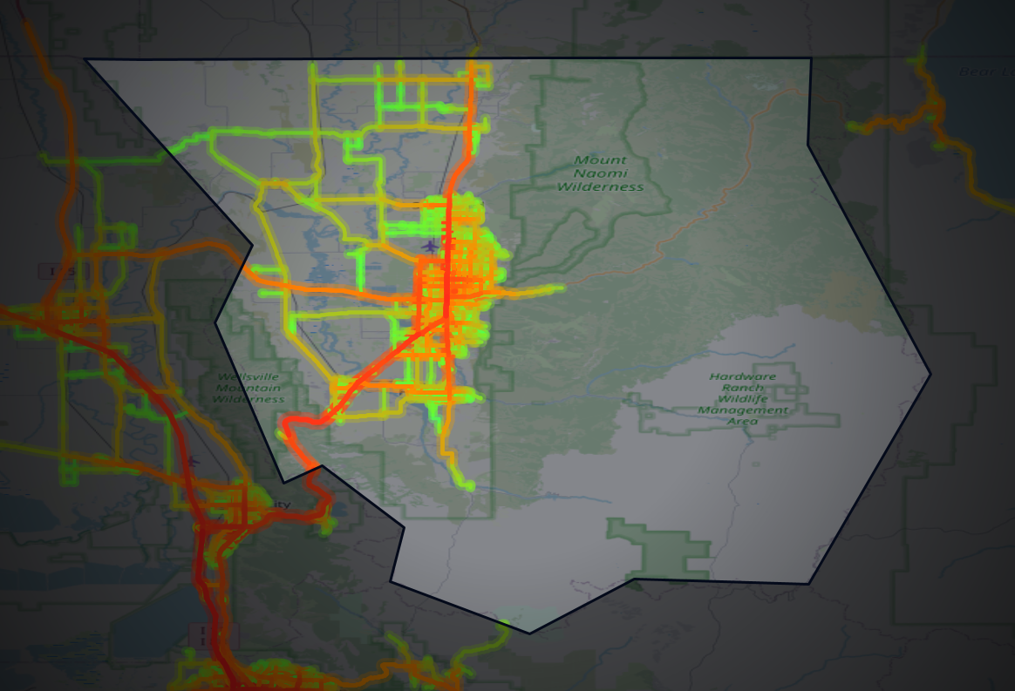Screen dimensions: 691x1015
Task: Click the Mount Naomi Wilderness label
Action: (x=600, y=173)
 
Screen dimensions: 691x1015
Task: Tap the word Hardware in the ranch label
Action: (x=742, y=376)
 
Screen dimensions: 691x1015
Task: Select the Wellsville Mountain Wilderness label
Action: (x=250, y=388)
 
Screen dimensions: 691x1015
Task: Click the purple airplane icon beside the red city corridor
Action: (x=430, y=245)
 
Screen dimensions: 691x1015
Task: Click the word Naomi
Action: (x=600, y=173)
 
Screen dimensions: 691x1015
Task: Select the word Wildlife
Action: (x=742, y=398)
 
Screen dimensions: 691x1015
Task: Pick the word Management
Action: (x=742, y=410)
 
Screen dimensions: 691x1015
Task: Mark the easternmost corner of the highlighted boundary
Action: (x=930, y=375)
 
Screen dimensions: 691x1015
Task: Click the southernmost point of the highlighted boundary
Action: (x=529, y=633)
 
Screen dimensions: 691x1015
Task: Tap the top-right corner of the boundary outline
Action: (x=811, y=59)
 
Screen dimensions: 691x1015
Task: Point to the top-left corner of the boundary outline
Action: (x=85, y=59)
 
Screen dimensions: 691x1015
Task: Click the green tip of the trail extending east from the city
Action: (x=561, y=286)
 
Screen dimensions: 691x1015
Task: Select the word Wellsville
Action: (x=250, y=376)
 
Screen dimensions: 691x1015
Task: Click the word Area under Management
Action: (x=742, y=421)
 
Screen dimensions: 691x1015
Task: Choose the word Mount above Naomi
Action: (x=600, y=160)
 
